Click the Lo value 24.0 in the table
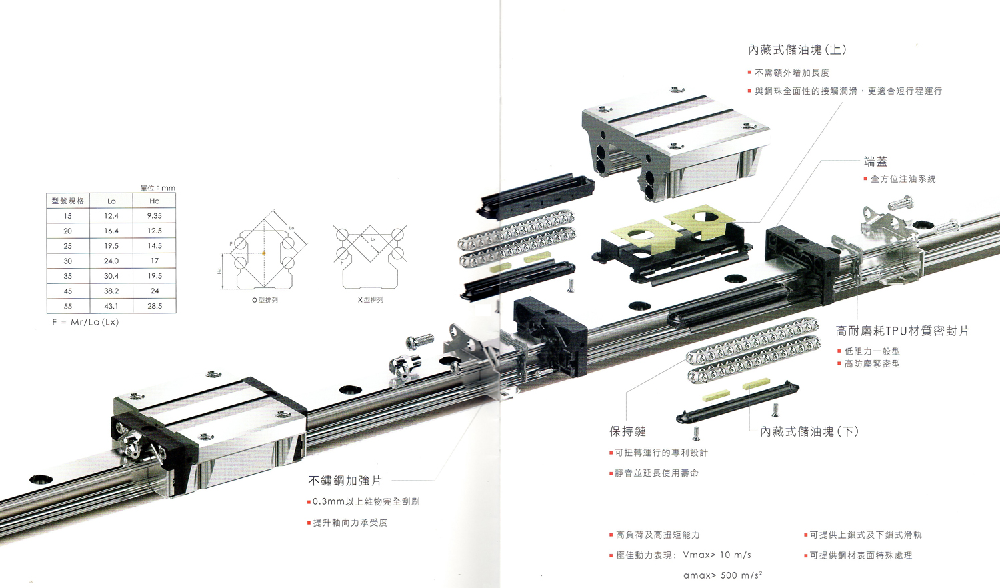click(x=111, y=261)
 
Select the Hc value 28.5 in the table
click(x=155, y=306)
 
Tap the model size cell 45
click(x=68, y=291)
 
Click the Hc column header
click(x=154, y=201)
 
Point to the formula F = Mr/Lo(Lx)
click(x=85, y=322)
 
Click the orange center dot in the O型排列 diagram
click(x=264, y=253)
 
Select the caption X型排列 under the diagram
click(x=370, y=299)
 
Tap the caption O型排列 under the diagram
click(x=265, y=300)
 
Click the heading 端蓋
click(x=875, y=161)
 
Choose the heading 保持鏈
click(x=628, y=431)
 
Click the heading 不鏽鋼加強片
click(x=345, y=481)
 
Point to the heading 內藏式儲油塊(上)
click(x=797, y=49)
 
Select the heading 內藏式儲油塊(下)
click(x=809, y=431)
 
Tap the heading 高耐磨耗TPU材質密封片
click(x=902, y=331)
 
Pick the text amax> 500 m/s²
click(x=723, y=575)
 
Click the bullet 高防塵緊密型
click(x=872, y=364)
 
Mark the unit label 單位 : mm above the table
click(x=157, y=188)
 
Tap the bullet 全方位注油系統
click(x=903, y=179)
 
